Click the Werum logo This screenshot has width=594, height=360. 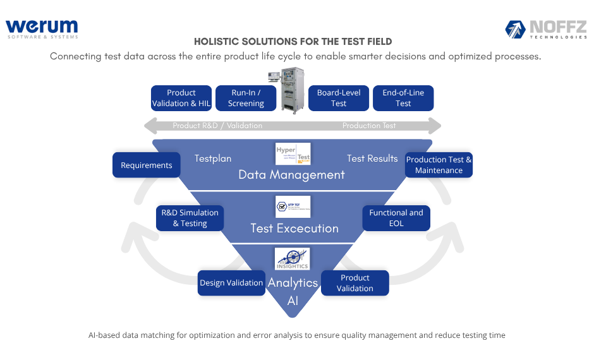[42, 28]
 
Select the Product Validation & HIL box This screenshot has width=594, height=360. [181, 98]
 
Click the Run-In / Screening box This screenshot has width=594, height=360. [246, 98]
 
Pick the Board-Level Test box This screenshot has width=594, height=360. [339, 98]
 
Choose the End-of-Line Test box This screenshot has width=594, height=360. [403, 98]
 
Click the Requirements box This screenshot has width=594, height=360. [147, 165]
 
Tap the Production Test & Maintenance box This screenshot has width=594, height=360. [439, 165]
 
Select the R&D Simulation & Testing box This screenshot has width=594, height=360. [190, 218]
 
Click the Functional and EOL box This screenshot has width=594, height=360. [396, 218]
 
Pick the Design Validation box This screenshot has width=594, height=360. [231, 283]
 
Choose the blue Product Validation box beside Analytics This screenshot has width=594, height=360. [355, 283]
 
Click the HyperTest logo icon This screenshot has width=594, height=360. [293, 154]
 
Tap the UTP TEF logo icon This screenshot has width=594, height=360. [293, 207]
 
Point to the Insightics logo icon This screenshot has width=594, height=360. [292, 259]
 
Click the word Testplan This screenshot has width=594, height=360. [213, 159]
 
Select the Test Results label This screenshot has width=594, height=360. [372, 159]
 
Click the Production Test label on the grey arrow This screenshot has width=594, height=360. [369, 126]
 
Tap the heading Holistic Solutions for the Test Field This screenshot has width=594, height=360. [293, 42]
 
